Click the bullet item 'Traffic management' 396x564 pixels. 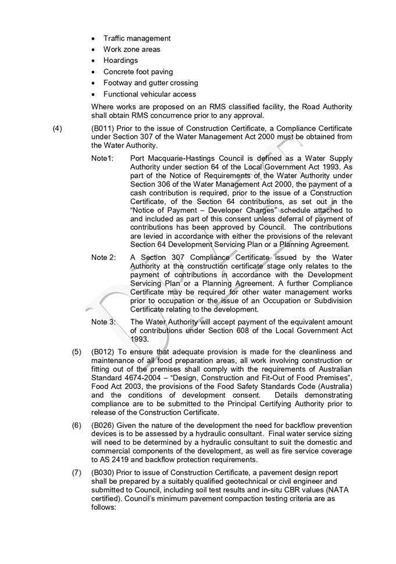coord(137,38)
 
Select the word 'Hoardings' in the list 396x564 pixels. coord(120,60)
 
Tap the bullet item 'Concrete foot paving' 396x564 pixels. coord(138,72)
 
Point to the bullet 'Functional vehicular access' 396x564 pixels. coord(149,94)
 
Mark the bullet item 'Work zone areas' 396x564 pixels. coord(131,49)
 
